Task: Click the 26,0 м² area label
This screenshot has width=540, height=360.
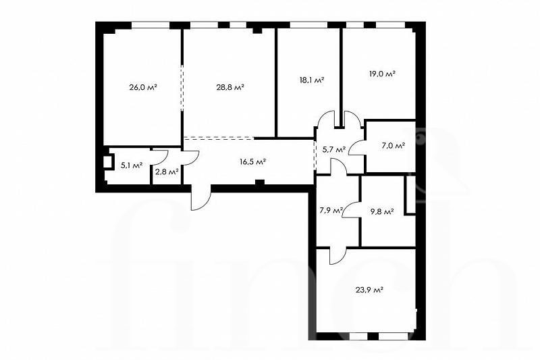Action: point(143,88)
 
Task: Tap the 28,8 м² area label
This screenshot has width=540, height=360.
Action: point(230,88)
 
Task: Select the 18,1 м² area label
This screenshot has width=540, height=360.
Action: point(312,80)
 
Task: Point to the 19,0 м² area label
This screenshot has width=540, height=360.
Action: point(382,74)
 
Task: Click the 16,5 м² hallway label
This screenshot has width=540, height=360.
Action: point(252,161)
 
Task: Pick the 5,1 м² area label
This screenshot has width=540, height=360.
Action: point(132,165)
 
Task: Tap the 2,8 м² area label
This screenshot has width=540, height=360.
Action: point(167,172)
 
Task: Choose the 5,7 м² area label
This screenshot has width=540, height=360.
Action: point(334,150)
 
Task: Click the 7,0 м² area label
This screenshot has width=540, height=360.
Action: point(393,146)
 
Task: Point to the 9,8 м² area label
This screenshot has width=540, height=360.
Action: point(382,211)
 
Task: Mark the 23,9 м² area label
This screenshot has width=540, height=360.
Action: point(369,290)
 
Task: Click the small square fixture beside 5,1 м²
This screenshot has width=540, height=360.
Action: point(108,162)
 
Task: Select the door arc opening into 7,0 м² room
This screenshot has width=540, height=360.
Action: point(357,148)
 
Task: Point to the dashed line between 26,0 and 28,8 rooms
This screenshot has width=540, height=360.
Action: point(182,88)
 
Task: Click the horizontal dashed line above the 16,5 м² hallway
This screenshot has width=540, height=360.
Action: point(219,138)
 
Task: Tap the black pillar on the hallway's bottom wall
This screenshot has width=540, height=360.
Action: point(260,182)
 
